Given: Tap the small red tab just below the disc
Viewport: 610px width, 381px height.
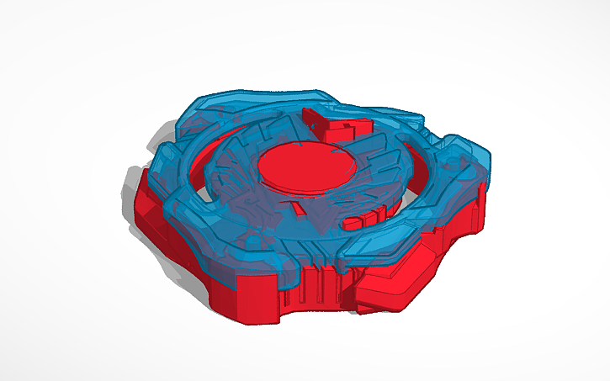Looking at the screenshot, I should [x=295, y=204].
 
